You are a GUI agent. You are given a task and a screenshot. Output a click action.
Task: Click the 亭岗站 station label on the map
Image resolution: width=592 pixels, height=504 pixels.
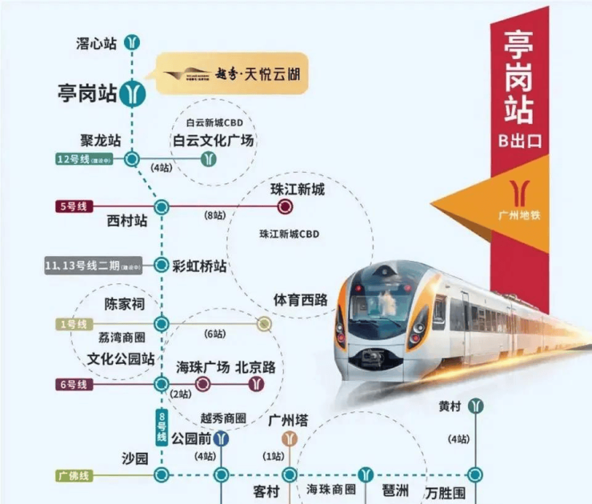(x=87, y=94)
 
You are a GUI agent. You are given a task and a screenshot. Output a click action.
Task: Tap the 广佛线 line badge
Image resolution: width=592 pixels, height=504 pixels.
(x=74, y=475)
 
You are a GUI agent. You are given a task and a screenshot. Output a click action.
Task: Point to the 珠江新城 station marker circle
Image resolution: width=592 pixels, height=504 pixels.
(x=284, y=207)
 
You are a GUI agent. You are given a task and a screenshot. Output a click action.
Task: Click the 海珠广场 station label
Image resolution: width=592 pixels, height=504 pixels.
(x=202, y=368)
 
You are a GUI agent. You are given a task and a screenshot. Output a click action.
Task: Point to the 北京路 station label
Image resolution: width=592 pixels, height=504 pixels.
(x=255, y=368)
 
